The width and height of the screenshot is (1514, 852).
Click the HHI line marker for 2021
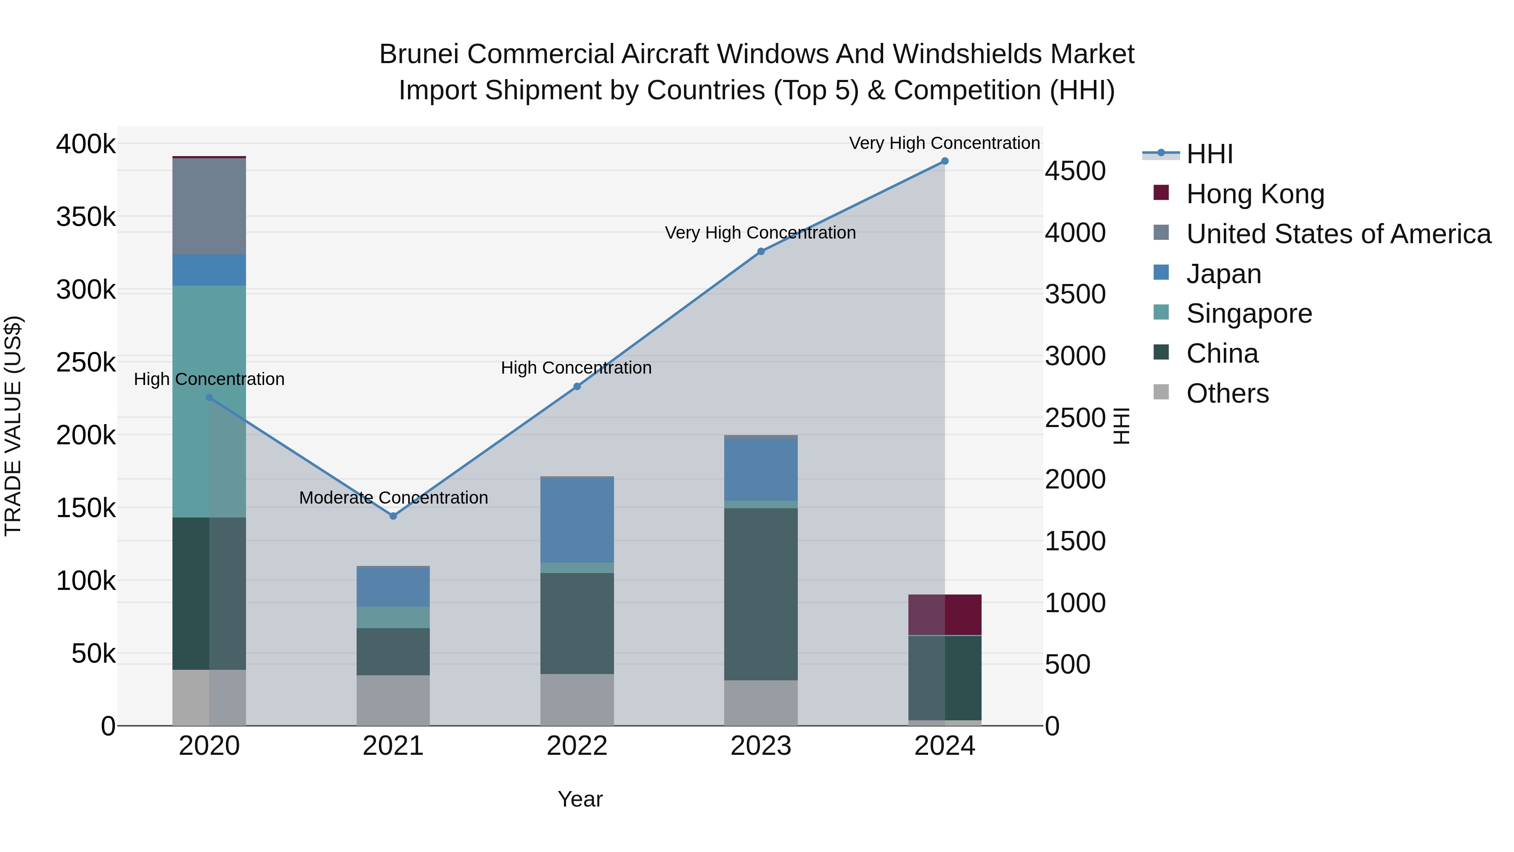tap(393, 516)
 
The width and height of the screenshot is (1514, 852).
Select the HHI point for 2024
tap(945, 161)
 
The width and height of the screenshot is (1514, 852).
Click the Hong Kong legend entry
tap(1255, 194)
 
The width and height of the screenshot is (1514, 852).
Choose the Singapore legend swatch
tap(1161, 312)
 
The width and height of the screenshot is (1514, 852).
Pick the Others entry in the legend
tap(1227, 393)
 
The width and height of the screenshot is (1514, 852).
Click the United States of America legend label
tap(1338, 234)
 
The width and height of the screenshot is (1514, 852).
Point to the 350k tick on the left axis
tap(86, 217)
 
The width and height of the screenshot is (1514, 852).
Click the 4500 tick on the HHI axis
tap(1075, 171)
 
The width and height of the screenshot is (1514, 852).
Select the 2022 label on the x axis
tap(577, 746)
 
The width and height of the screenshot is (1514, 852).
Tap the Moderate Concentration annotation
tap(393, 497)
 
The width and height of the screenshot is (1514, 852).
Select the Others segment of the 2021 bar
tap(393, 700)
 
